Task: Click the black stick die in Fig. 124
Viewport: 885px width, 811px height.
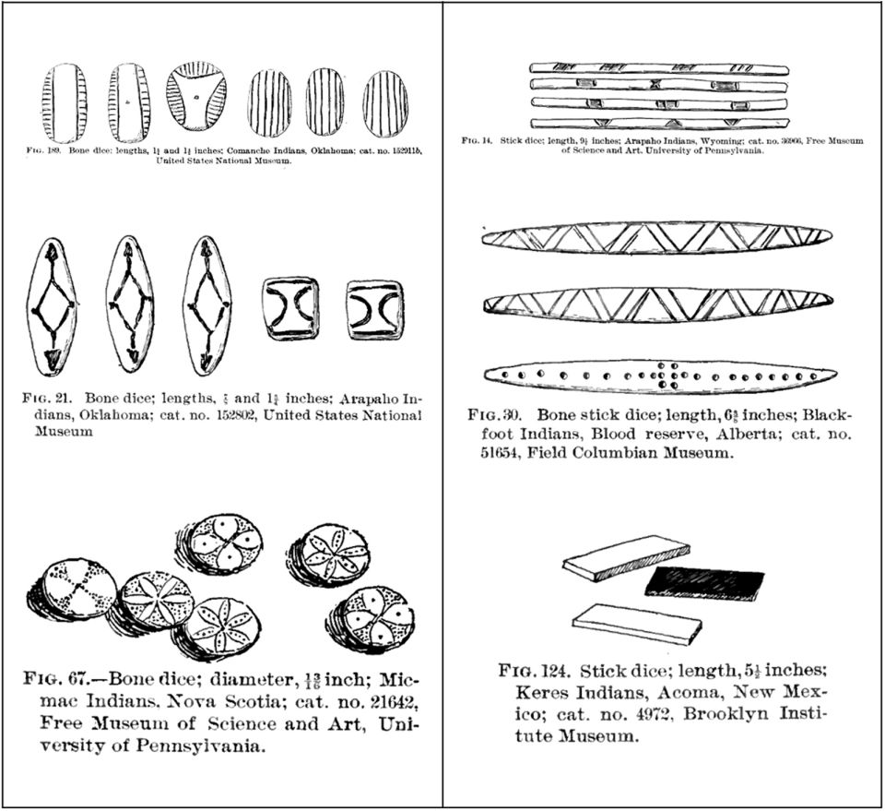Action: coord(704,582)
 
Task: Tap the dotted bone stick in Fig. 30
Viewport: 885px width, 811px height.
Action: coord(659,376)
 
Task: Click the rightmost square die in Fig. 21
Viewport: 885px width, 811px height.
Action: coord(375,309)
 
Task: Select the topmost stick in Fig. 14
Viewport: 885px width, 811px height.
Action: coord(659,68)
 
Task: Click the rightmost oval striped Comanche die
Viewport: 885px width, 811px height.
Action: coord(385,103)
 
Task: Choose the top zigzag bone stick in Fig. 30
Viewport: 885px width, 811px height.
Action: coord(655,237)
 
